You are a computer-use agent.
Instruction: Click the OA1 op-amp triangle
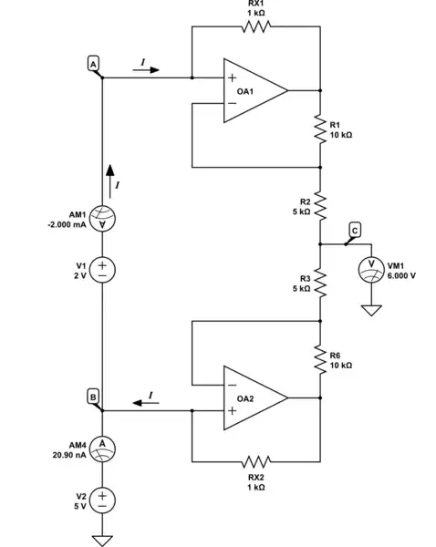[254, 91]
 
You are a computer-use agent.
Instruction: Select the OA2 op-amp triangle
[254, 398]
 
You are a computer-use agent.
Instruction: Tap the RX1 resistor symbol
[256, 26]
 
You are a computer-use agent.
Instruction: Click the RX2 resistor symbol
[256, 461]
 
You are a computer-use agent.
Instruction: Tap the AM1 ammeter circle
[103, 219]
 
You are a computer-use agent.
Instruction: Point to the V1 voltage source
[103, 270]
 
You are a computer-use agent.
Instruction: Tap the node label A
[93, 63]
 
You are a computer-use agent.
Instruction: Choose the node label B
[93, 396]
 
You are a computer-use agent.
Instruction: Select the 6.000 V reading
[401, 274]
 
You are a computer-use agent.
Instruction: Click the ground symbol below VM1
[370, 310]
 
